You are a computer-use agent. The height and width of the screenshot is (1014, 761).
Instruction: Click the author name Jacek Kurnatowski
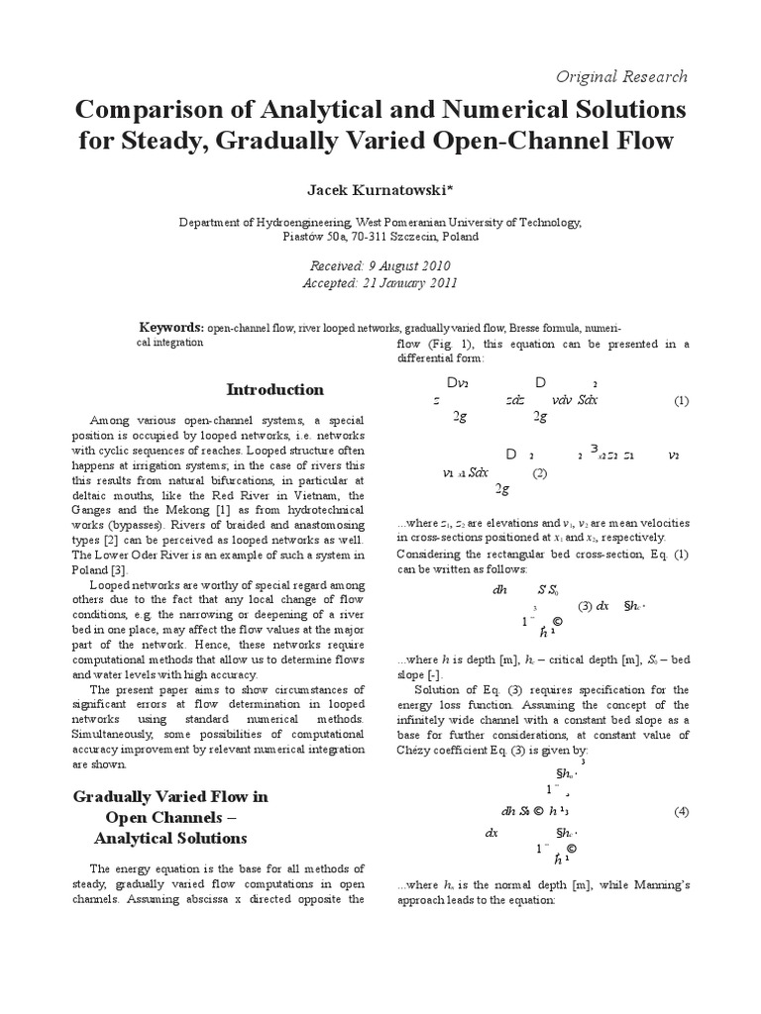[x=380, y=189]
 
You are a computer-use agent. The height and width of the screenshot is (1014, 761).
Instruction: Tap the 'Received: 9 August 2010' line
[x=380, y=266]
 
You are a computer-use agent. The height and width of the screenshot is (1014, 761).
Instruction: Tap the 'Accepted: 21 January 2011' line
[x=380, y=283]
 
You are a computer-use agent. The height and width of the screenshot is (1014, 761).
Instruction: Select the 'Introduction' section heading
[x=261, y=389]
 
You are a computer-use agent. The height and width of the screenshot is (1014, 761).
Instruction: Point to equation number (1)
[x=680, y=401]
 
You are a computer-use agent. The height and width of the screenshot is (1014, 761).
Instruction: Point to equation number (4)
[x=681, y=811]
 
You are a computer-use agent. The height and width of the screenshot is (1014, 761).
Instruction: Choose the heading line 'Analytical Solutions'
[x=170, y=838]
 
